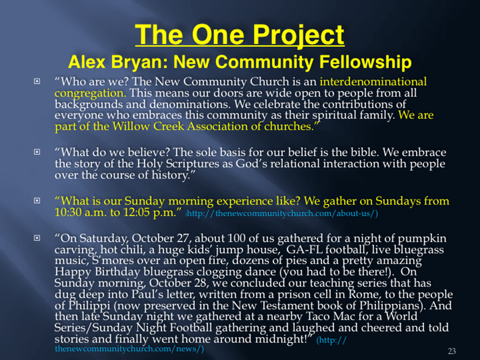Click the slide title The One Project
coord(240,35)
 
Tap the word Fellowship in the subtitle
coord(365,62)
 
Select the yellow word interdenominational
coord(373,82)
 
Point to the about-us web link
coord(282,213)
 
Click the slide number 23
coord(452,351)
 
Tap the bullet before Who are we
coord(37,82)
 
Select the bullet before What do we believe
coord(37,152)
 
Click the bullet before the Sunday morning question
coord(37,201)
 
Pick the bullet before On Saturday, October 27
coord(37,238)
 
